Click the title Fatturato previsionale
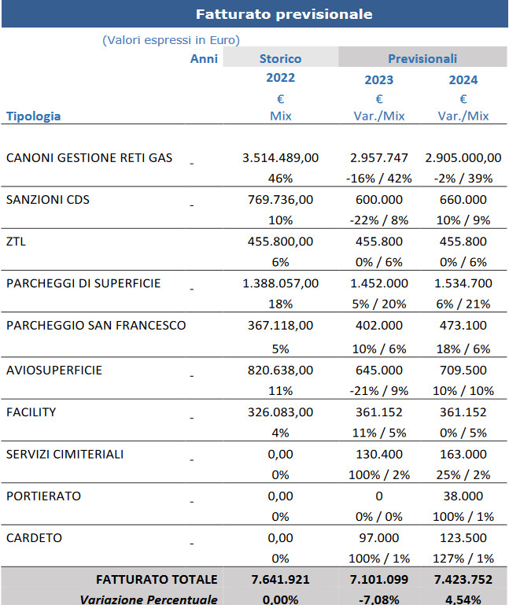(284, 14)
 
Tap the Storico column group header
(281, 59)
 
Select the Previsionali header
(422, 59)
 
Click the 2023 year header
(379, 80)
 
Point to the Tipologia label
(34, 116)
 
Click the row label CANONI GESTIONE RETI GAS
(89, 158)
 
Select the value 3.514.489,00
(281, 158)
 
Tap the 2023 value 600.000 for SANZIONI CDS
(379, 200)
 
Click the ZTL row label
(16, 242)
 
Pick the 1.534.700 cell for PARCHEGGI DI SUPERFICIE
(463, 283)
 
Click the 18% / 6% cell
(463, 349)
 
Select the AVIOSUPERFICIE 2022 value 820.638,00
(281, 370)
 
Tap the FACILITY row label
(31, 412)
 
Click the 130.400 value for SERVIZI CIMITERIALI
(379, 454)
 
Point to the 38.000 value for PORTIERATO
(463, 496)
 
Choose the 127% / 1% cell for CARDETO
(463, 559)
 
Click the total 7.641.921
(281, 580)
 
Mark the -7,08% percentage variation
(379, 599)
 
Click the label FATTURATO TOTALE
(157, 580)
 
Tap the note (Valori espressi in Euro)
(171, 40)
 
